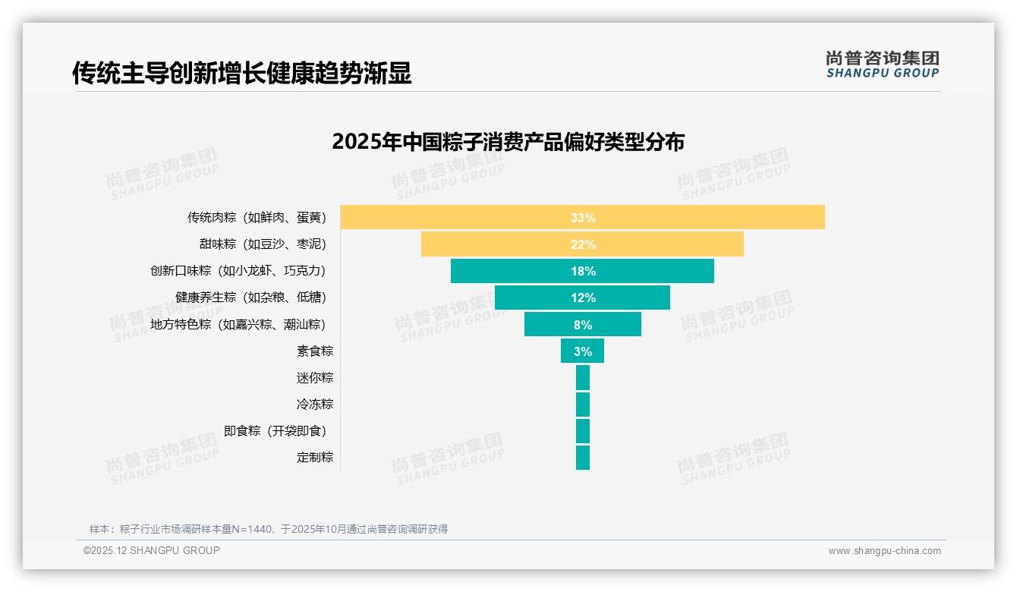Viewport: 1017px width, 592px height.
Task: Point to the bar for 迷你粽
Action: [x=583, y=377]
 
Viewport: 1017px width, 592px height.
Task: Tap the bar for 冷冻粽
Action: [x=583, y=404]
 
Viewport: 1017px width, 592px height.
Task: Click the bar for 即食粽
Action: [x=583, y=430]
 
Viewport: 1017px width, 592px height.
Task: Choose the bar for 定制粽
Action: [x=583, y=457]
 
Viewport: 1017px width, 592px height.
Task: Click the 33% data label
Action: [x=583, y=218]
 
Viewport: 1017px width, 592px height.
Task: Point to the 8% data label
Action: [x=583, y=325]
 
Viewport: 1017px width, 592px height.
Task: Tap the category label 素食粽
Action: [x=315, y=351]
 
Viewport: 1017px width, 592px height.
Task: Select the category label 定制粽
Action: [x=315, y=457]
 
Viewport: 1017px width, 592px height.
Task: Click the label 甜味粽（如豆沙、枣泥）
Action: [x=263, y=244]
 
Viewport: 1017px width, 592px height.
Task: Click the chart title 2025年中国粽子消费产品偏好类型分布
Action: [x=508, y=142]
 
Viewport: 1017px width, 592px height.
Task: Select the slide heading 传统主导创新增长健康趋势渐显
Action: [x=241, y=73]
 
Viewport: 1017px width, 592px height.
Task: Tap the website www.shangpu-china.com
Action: [x=884, y=551]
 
